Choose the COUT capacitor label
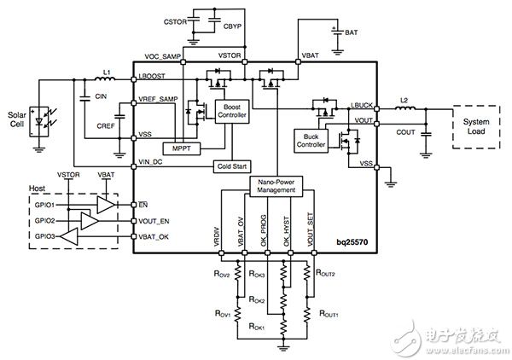[x=404, y=132]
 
